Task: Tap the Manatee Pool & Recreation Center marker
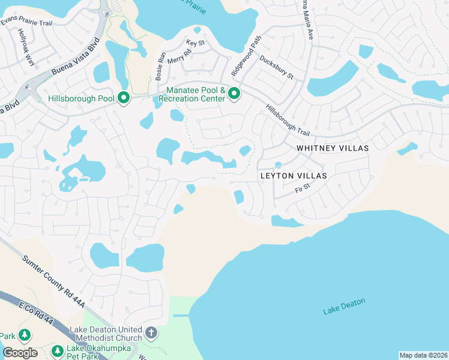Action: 234,93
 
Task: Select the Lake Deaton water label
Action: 344,306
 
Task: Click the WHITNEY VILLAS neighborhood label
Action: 332,148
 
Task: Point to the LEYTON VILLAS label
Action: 294,176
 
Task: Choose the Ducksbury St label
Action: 276,68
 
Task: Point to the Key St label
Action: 196,43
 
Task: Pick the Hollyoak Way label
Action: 27,47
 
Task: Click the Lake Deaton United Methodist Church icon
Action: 151,332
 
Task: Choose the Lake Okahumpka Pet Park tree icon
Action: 57,350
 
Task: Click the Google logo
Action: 20,353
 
